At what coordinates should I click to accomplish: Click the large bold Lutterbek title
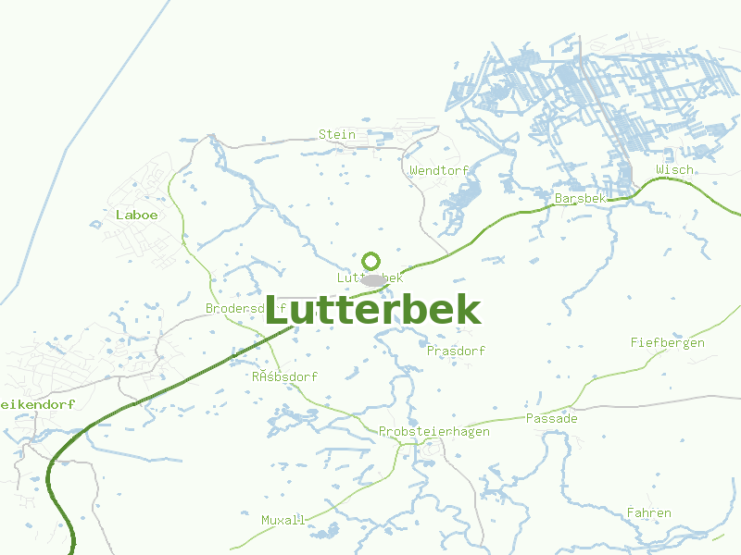pos(372,311)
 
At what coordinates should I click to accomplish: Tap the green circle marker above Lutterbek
pos(370,261)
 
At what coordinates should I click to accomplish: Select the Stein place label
pos(337,134)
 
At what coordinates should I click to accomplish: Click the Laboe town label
pos(137,215)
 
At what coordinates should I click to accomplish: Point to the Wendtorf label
pos(439,170)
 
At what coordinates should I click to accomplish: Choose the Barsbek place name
pos(580,199)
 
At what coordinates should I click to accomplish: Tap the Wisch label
pos(674,170)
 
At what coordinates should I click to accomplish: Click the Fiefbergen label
pos(667,342)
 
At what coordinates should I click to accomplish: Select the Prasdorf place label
pos(456,351)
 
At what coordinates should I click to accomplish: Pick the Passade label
pos(551,418)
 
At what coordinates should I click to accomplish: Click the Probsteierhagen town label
pos(433,431)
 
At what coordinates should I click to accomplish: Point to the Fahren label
pos(648,512)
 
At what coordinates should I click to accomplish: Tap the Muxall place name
pos(283,520)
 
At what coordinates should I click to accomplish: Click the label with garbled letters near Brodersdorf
pos(284,376)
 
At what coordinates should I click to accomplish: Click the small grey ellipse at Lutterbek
pos(372,279)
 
